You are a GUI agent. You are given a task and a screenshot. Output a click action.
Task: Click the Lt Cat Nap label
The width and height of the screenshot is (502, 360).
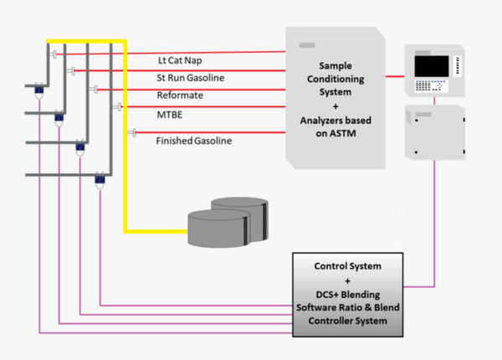point(179,62)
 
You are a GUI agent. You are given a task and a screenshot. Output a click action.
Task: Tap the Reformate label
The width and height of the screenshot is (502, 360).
point(180,95)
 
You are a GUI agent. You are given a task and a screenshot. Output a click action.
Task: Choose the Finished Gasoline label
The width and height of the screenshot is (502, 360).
point(194,141)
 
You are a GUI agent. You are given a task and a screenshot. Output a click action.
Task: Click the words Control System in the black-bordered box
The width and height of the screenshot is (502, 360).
point(347,266)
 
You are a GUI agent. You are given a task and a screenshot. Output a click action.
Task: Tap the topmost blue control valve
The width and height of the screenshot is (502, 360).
point(38,86)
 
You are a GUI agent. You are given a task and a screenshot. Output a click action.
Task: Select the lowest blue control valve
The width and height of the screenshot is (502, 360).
point(100,178)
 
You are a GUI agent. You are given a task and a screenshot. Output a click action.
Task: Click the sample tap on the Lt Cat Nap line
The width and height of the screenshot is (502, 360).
point(54,55)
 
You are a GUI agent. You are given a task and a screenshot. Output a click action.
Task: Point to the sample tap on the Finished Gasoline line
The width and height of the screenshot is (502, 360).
point(131,132)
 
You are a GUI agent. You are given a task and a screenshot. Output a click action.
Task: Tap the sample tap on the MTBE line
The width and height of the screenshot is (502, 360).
point(119,106)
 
